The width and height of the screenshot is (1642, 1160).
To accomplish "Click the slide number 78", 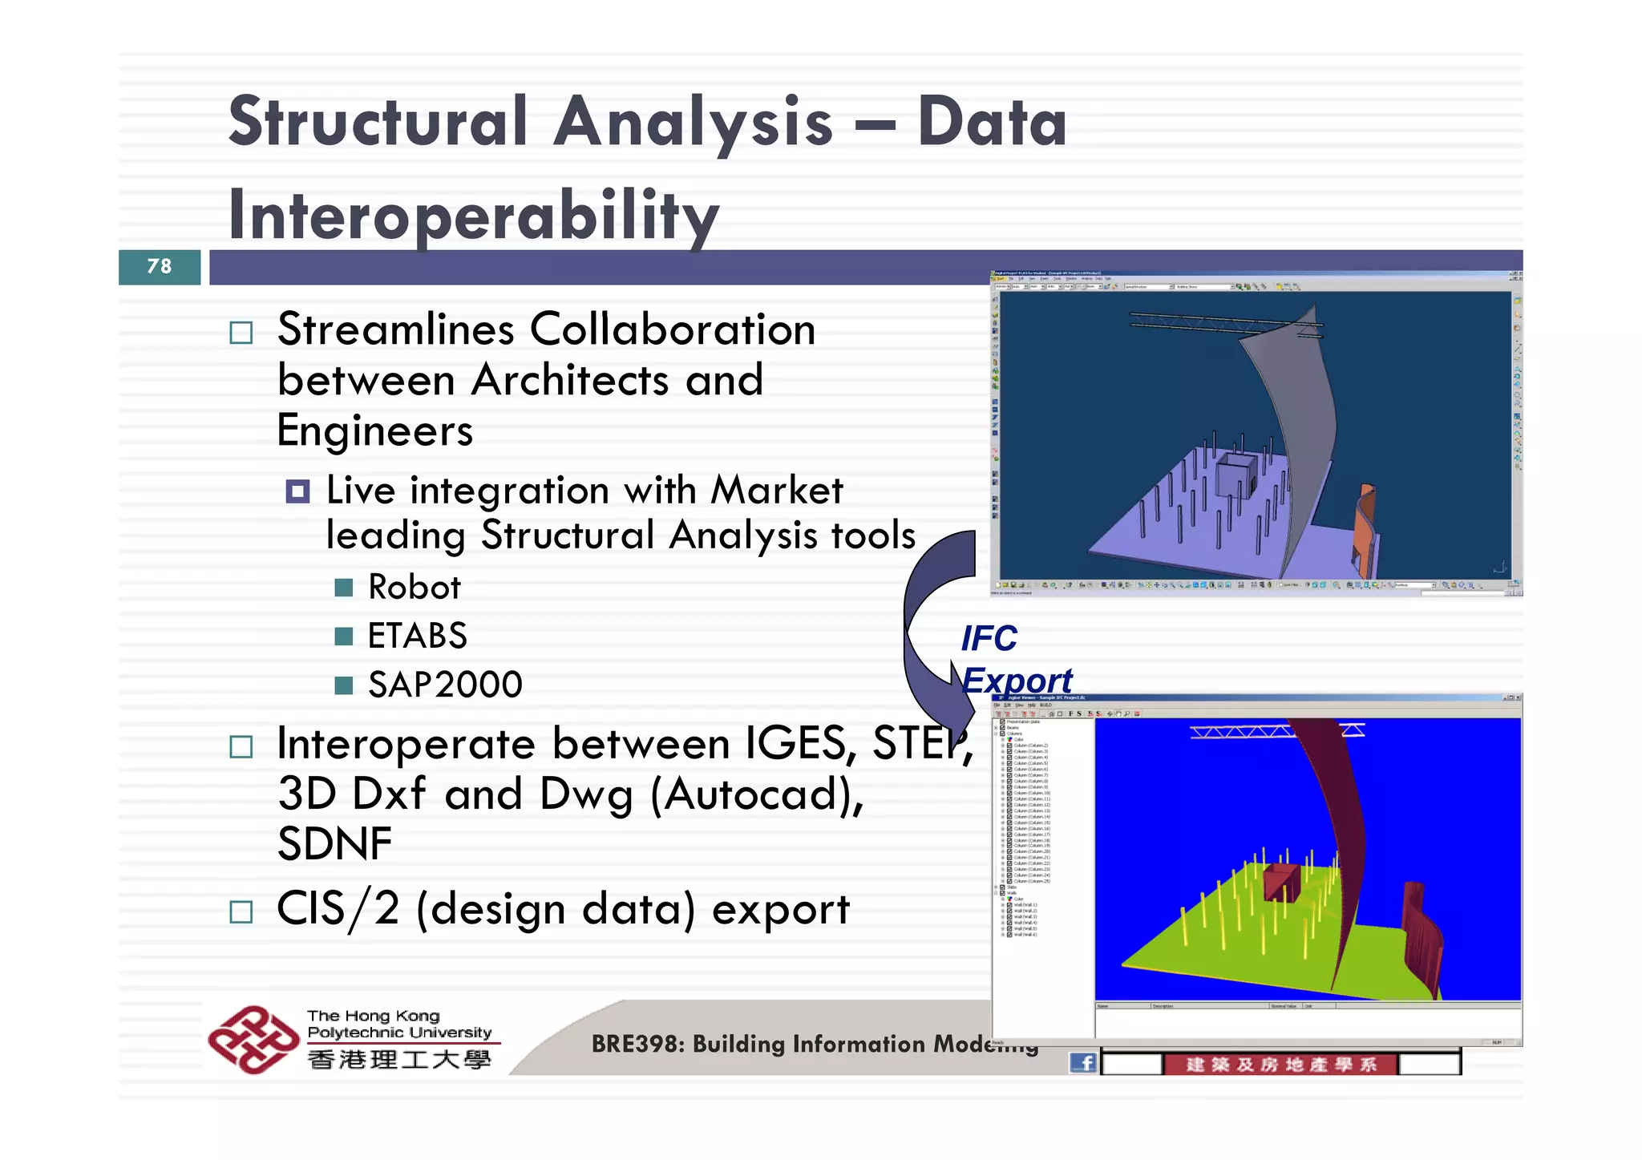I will pos(160,266).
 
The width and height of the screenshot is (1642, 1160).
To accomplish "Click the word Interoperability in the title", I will pos(473,215).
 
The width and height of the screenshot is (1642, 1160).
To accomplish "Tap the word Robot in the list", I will pos(414,588).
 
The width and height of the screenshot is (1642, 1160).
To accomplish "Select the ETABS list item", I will pos(417,636).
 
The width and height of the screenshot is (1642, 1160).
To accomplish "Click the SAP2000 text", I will pos(445,685).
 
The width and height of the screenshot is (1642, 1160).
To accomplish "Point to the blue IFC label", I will pos(989,639).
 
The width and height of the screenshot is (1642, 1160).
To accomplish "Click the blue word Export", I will pos(1017,681).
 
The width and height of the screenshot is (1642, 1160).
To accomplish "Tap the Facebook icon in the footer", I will pos(1083,1063).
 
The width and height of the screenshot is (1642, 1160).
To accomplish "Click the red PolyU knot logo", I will pos(253,1039).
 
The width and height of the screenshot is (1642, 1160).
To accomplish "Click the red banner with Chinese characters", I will pos(1280,1065).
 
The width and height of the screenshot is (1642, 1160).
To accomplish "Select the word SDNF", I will pos(334,844).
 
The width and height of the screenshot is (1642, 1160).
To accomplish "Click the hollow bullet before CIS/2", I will pos(241,911).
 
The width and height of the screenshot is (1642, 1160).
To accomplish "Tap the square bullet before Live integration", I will pos(297,491).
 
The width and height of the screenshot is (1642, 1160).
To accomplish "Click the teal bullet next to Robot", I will pos(344,588).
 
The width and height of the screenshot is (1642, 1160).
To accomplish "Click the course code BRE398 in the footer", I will pos(637,1044).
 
